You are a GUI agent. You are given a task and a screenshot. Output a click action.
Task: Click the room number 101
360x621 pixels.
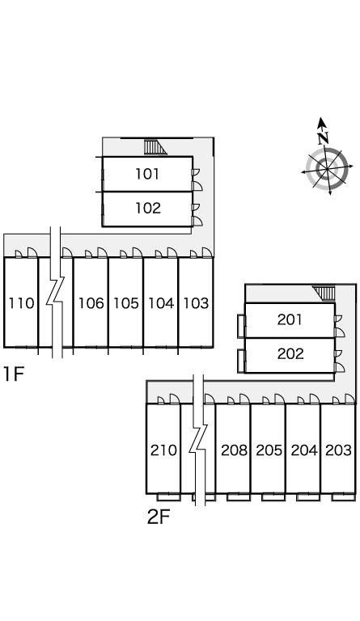point(147,174)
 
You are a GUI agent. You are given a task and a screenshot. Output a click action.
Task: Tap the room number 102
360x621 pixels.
point(148,208)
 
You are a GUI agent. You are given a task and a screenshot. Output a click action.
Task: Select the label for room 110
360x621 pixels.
point(21,303)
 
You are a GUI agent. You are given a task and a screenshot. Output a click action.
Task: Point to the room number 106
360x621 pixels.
point(91,303)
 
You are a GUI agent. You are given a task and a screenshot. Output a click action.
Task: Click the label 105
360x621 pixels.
point(126,303)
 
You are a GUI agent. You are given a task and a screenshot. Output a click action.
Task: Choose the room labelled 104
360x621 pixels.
point(161,303)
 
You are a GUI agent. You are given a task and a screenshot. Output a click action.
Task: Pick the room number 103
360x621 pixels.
point(196,303)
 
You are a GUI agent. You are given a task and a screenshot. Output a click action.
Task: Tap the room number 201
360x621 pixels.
point(290,319)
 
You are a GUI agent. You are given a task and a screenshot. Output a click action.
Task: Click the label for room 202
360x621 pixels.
point(290,353)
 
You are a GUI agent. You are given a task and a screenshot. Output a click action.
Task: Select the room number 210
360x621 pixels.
point(163,450)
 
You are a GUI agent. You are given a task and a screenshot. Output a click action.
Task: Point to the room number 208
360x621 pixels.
point(234,450)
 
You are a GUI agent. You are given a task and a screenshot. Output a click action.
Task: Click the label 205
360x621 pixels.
point(269,450)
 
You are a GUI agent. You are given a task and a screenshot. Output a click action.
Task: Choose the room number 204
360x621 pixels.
point(303,450)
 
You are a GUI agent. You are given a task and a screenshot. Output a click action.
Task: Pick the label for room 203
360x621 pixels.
point(339,450)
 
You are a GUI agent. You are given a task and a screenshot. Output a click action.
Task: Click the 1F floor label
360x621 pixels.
point(14,374)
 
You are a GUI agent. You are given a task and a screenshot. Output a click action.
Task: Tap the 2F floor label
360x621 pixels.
point(159,517)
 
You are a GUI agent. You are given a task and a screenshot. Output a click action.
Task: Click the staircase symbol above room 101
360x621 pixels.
point(155,147)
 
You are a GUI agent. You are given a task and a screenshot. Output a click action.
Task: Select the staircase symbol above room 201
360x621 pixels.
point(324,293)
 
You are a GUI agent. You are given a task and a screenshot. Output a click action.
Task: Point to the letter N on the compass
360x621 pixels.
point(324,137)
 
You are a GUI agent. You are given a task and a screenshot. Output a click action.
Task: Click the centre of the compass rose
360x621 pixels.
point(327,169)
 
